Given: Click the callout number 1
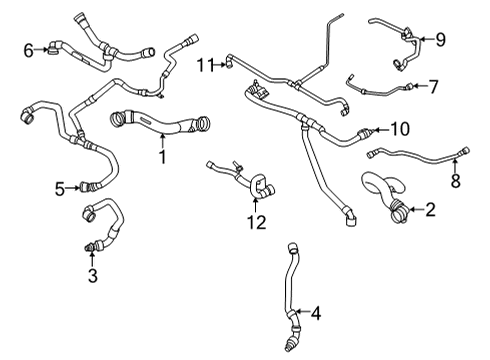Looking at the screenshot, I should [159, 157].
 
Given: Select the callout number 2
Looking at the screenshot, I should [430, 210].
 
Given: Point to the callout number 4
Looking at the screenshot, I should [317, 315].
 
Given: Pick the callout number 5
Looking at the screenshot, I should [60, 186].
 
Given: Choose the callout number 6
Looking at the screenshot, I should [29, 47].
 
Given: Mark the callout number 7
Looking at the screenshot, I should [433, 86].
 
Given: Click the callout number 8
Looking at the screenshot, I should [455, 182].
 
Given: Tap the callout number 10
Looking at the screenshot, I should [400, 129].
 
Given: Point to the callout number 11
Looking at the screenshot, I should [205, 65].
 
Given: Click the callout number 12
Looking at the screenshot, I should [257, 221].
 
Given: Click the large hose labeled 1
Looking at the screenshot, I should [160, 127].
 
